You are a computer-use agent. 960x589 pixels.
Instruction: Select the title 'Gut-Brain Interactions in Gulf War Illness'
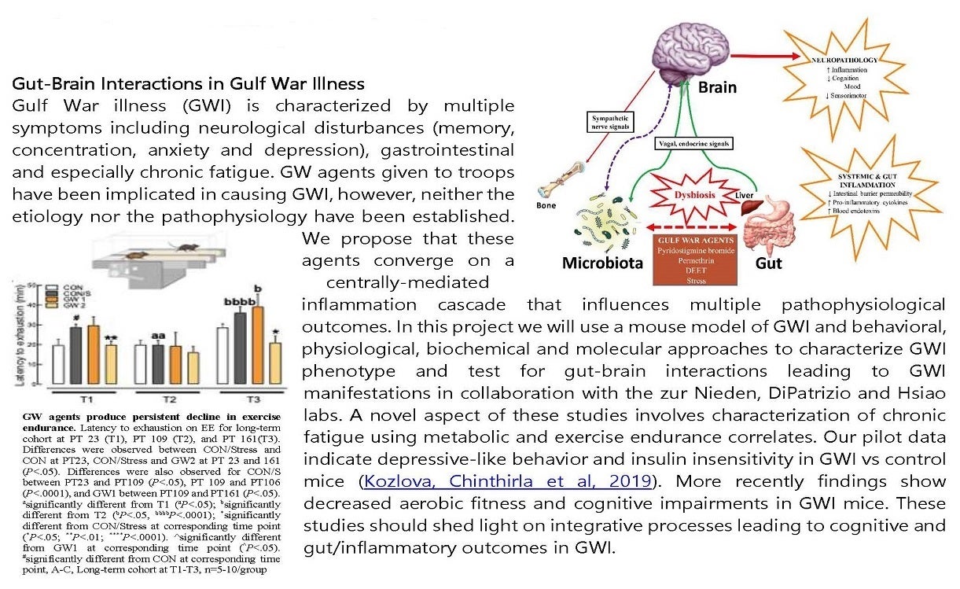[x=189, y=83]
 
